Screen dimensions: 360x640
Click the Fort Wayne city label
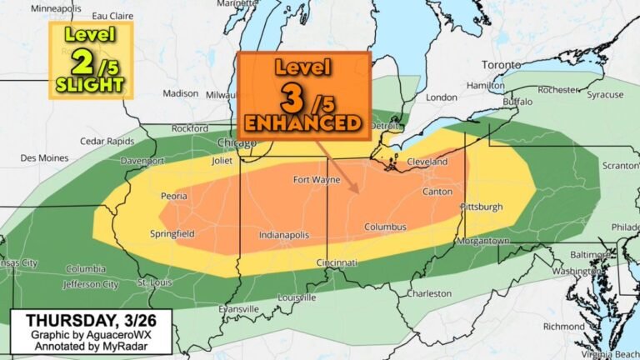(313, 180)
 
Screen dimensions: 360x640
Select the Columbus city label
(385, 227)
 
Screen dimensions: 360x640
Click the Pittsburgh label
(481, 206)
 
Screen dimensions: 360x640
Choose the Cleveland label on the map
(427, 162)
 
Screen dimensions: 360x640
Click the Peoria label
(173, 196)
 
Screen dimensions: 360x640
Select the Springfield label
(172, 233)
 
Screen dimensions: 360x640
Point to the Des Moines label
(41, 157)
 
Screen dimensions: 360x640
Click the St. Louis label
(153, 282)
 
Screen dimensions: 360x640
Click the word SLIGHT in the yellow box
(91, 84)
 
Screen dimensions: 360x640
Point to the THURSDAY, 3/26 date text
(86, 320)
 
